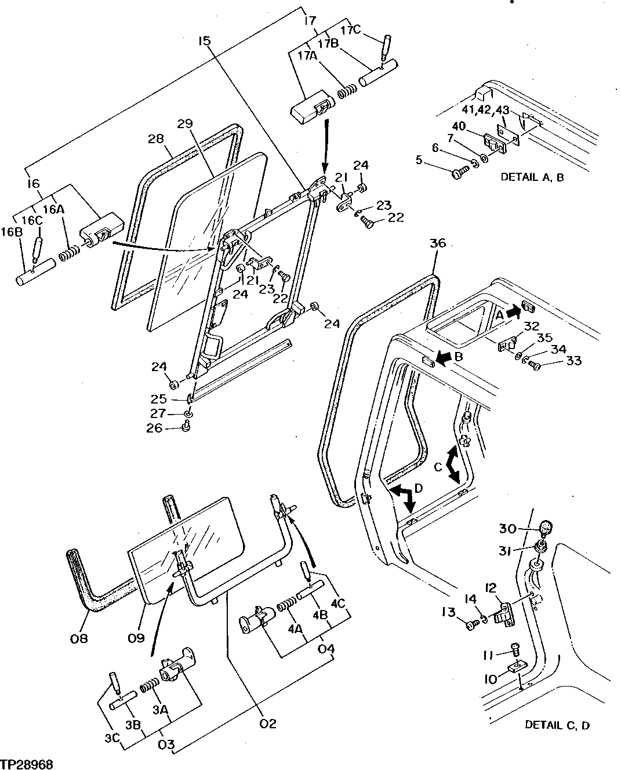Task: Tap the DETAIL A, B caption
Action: point(532,177)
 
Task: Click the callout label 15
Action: point(204,41)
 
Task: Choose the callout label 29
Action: point(184,124)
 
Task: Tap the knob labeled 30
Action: point(546,528)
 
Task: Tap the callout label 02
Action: point(268,723)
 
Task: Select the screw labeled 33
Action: point(535,365)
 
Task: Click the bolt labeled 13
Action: point(471,624)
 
